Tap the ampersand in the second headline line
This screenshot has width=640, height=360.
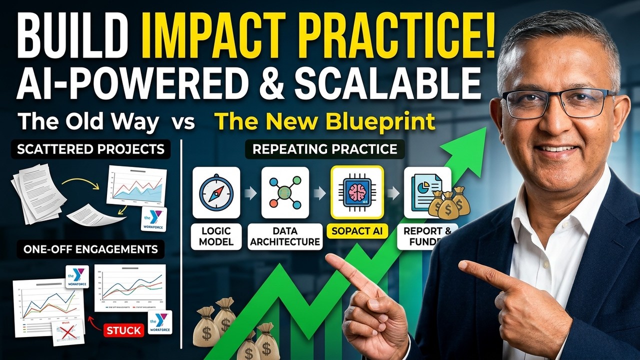click(x=273, y=81)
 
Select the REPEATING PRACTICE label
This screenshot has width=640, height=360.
click(x=325, y=149)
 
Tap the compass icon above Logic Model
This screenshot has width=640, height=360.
click(x=216, y=192)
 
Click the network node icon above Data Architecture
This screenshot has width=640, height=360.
click(x=285, y=192)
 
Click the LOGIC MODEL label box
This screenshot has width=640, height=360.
click(x=216, y=236)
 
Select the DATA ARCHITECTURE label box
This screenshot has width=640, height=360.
click(x=285, y=236)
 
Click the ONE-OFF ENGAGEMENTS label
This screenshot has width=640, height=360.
click(x=90, y=249)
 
